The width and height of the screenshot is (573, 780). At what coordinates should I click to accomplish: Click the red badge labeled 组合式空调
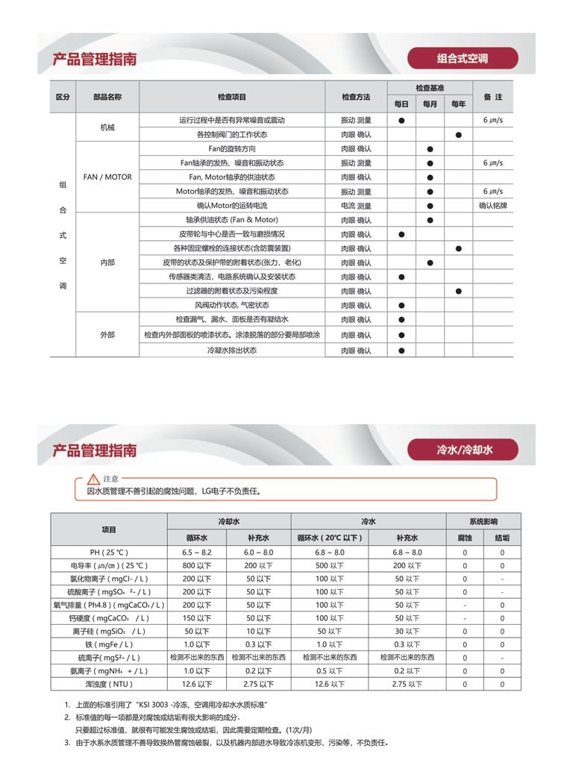point(463,58)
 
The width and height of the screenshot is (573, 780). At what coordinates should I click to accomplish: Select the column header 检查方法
point(356,97)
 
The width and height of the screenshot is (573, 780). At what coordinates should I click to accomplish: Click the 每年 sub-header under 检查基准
point(458,104)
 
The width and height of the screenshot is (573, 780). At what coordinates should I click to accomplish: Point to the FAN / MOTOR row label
point(107,177)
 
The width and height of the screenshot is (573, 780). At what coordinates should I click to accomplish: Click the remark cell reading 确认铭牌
point(492,205)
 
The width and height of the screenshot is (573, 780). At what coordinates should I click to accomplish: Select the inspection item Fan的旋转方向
point(231,148)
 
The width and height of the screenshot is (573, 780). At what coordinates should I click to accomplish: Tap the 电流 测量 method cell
point(356,205)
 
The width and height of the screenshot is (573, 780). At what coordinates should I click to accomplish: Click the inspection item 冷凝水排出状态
point(231,350)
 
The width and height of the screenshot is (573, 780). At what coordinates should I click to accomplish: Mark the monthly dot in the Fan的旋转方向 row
point(430,149)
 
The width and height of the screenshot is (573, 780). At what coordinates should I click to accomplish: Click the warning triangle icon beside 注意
point(93,478)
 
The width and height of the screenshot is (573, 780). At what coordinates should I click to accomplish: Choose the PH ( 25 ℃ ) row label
point(109,552)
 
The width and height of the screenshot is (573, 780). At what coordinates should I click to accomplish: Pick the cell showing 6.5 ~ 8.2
point(197,552)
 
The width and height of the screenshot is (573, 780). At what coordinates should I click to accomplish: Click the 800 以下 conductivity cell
point(197,565)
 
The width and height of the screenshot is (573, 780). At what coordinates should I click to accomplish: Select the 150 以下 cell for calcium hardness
point(197,618)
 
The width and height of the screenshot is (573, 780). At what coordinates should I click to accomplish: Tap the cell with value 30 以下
point(407,631)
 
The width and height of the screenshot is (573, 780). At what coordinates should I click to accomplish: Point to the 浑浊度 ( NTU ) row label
point(109,684)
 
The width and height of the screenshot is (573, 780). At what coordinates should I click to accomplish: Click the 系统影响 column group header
point(483,521)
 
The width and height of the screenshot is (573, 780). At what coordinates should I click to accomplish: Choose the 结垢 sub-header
point(502,537)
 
